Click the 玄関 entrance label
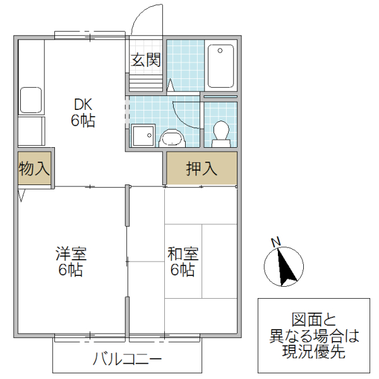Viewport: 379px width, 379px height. coord(146,60)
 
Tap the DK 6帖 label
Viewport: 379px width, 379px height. coord(83,112)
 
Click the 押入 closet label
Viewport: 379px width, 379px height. coord(202,169)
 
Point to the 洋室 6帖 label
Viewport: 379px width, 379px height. coord(71,262)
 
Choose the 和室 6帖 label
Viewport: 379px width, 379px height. coord(183,262)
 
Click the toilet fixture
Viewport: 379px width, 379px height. coord(220,132)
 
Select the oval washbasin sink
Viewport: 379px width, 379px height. coord(171,136)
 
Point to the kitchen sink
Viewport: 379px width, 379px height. coord(31,100)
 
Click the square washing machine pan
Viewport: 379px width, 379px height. coord(142,135)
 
